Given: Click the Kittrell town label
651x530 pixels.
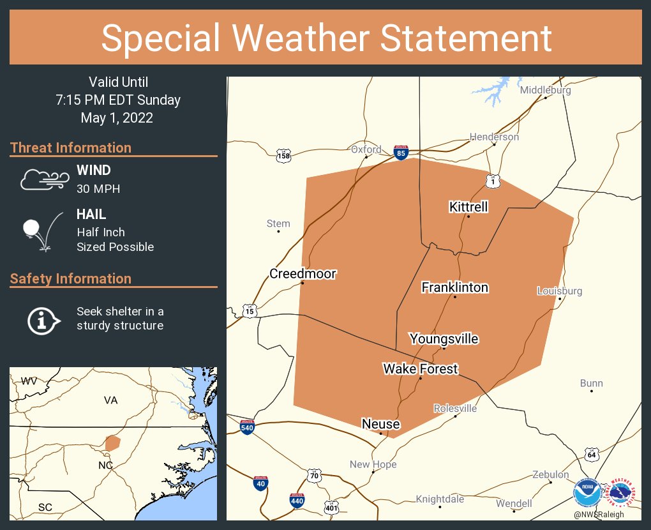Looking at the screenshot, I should pyautogui.click(x=468, y=206).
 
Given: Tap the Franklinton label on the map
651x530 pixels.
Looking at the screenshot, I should pyautogui.click(x=454, y=287).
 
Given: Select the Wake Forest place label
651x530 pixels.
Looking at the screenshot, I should pyautogui.click(x=420, y=368).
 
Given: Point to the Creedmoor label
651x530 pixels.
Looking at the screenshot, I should pyautogui.click(x=303, y=273).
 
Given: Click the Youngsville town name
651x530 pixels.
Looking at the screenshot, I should pyautogui.click(x=444, y=338).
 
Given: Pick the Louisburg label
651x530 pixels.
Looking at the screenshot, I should pyautogui.click(x=560, y=291).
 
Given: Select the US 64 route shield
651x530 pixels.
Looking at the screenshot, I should pyautogui.click(x=592, y=454).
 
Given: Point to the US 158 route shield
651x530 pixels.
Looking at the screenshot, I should pyautogui.click(x=283, y=155).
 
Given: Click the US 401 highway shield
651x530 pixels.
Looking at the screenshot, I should pyautogui.click(x=331, y=508).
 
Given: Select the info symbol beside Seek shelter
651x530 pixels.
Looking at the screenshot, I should pyautogui.click(x=43, y=319).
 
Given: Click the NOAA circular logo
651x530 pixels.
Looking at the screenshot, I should pyautogui.click(x=587, y=493).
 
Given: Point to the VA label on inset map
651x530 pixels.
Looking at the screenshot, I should pyautogui.click(x=111, y=400).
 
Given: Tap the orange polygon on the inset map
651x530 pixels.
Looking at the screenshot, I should pyautogui.click(x=112, y=443).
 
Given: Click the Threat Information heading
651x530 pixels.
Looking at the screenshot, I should pyautogui.click(x=71, y=148).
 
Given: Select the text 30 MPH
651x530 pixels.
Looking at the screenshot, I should pyautogui.click(x=98, y=189).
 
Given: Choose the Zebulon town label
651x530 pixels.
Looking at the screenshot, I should pyautogui.click(x=550, y=474).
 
